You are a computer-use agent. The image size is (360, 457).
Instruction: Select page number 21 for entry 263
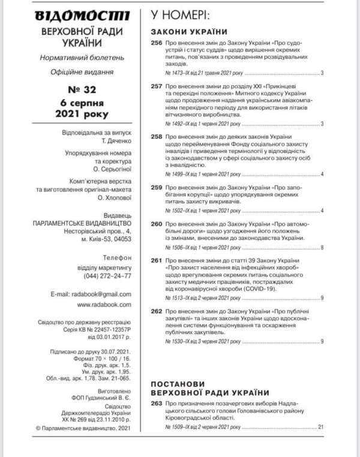[321, 426]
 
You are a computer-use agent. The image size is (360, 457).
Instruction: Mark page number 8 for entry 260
[322, 247]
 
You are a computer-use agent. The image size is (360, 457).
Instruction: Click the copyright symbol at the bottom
[38, 428]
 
